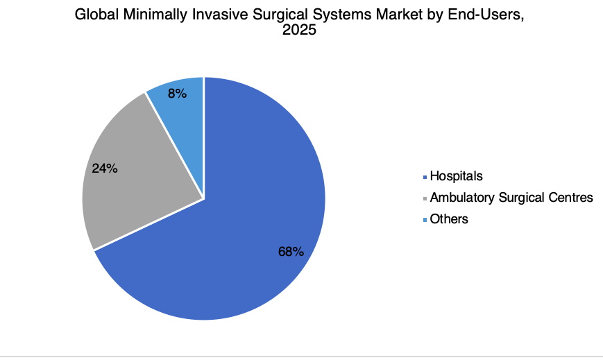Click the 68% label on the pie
(291, 252)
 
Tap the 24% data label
(105, 169)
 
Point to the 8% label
(177, 94)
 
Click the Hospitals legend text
(456, 176)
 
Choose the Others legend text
(449, 219)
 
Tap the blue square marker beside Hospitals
(425, 178)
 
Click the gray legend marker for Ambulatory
(425, 199)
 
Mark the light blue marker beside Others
(425, 220)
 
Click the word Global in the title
(96, 15)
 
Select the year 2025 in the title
(299, 30)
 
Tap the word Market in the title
(398, 15)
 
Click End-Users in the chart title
(486, 15)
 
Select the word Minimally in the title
(155, 15)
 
